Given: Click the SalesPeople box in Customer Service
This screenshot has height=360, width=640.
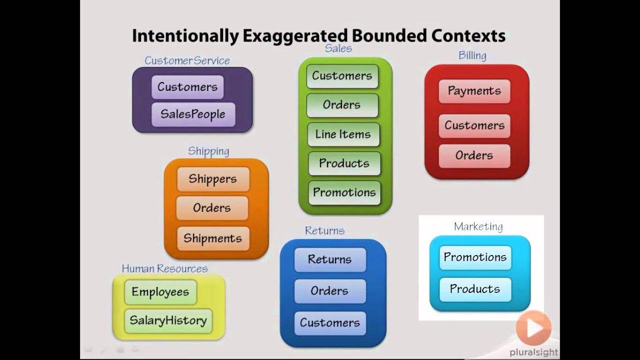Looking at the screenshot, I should tap(193, 114).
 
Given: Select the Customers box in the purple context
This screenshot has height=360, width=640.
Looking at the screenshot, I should tap(187, 87).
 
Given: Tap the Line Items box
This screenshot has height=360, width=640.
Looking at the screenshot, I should tap(343, 134).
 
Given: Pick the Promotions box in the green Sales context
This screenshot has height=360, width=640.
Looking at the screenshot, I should tap(344, 192).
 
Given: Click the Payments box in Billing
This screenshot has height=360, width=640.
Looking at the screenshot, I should tap(474, 91).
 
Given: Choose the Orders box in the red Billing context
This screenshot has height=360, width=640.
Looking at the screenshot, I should tap(474, 155).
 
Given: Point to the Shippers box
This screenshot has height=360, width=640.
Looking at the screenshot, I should tap(212, 179).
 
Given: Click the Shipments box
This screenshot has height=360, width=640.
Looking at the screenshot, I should tap(212, 238).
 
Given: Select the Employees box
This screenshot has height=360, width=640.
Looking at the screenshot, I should tap(160, 292).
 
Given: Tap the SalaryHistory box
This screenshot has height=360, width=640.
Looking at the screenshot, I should tap(168, 320).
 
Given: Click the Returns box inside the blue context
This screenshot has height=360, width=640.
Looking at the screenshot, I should tap(329, 259).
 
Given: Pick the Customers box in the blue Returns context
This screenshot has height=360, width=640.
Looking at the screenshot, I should tap(329, 322).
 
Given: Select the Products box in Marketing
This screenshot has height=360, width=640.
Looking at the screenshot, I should tap(475, 289).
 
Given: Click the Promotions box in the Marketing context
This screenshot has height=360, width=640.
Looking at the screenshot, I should tap(475, 257).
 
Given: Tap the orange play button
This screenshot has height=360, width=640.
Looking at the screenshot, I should tap(533, 328).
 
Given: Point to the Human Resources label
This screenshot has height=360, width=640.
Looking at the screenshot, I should tap(164, 268).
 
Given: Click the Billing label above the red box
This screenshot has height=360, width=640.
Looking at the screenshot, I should tap(472, 55).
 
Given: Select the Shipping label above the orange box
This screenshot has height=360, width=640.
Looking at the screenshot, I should tap(208, 151).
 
